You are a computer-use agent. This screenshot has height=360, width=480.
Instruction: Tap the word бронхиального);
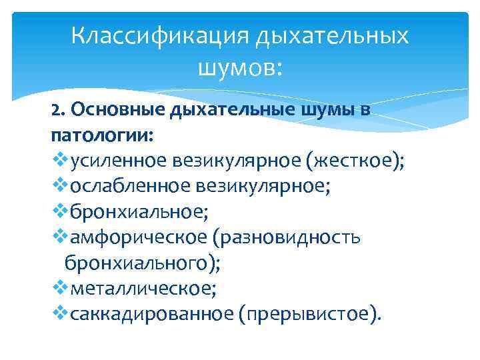141,263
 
